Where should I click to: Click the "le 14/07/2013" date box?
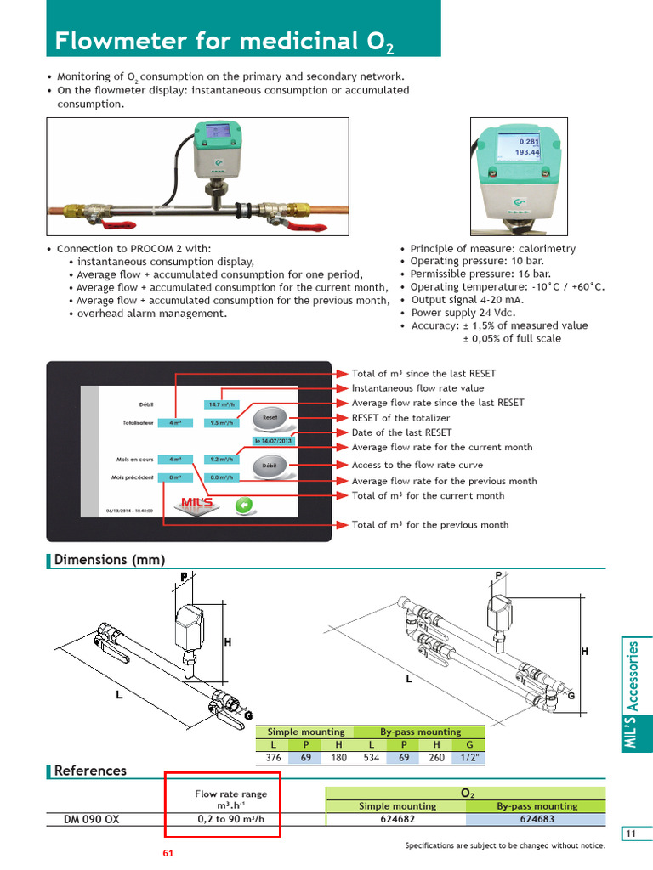[x=273, y=441]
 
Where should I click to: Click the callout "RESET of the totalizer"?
[x=400, y=418]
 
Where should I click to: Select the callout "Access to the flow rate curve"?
[x=417, y=465]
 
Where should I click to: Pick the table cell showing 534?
[x=372, y=757]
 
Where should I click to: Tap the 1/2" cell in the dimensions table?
[x=468, y=757]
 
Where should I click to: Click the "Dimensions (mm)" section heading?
[x=109, y=559]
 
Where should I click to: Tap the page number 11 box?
[x=631, y=833]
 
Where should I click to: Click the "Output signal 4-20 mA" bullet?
[x=467, y=299]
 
